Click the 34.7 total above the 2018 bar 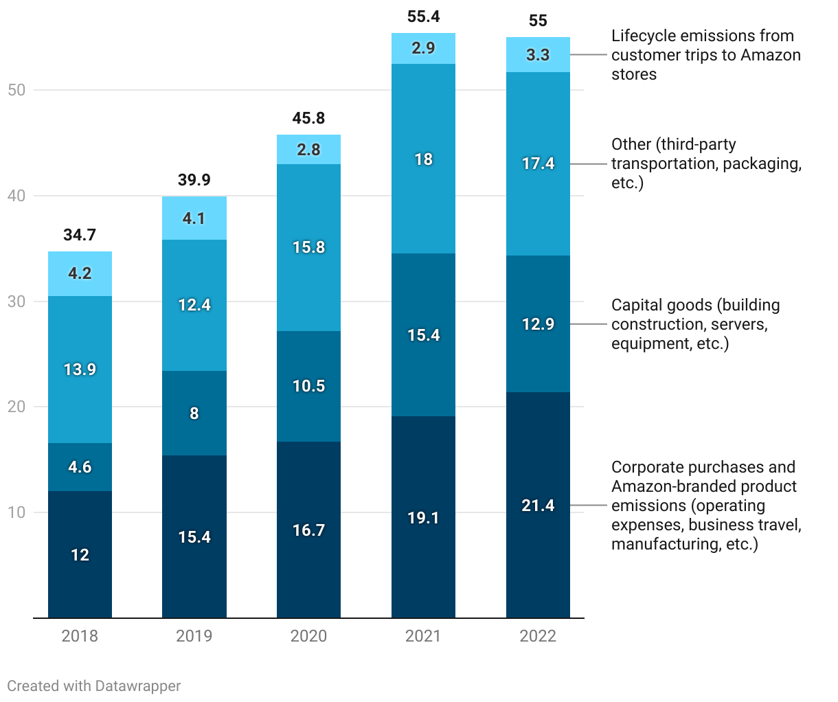click(x=80, y=235)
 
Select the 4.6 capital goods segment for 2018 click(x=80, y=467)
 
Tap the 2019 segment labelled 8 click(x=194, y=413)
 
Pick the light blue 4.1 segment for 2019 click(x=194, y=218)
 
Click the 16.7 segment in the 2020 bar click(x=308, y=530)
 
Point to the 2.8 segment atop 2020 click(x=308, y=150)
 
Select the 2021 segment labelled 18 click(x=423, y=159)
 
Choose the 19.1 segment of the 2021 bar click(x=423, y=517)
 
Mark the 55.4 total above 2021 click(x=423, y=16)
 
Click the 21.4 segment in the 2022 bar click(x=538, y=506)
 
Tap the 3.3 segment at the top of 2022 click(x=538, y=55)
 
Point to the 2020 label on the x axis click(x=308, y=636)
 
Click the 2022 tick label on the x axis click(x=538, y=636)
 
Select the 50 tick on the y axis click(x=16, y=90)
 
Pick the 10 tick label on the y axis click(x=16, y=512)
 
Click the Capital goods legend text click(x=695, y=324)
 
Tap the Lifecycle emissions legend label click(x=705, y=55)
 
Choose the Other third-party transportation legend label click(x=706, y=163)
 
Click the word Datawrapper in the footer click(x=138, y=686)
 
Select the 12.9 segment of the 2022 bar click(x=538, y=324)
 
